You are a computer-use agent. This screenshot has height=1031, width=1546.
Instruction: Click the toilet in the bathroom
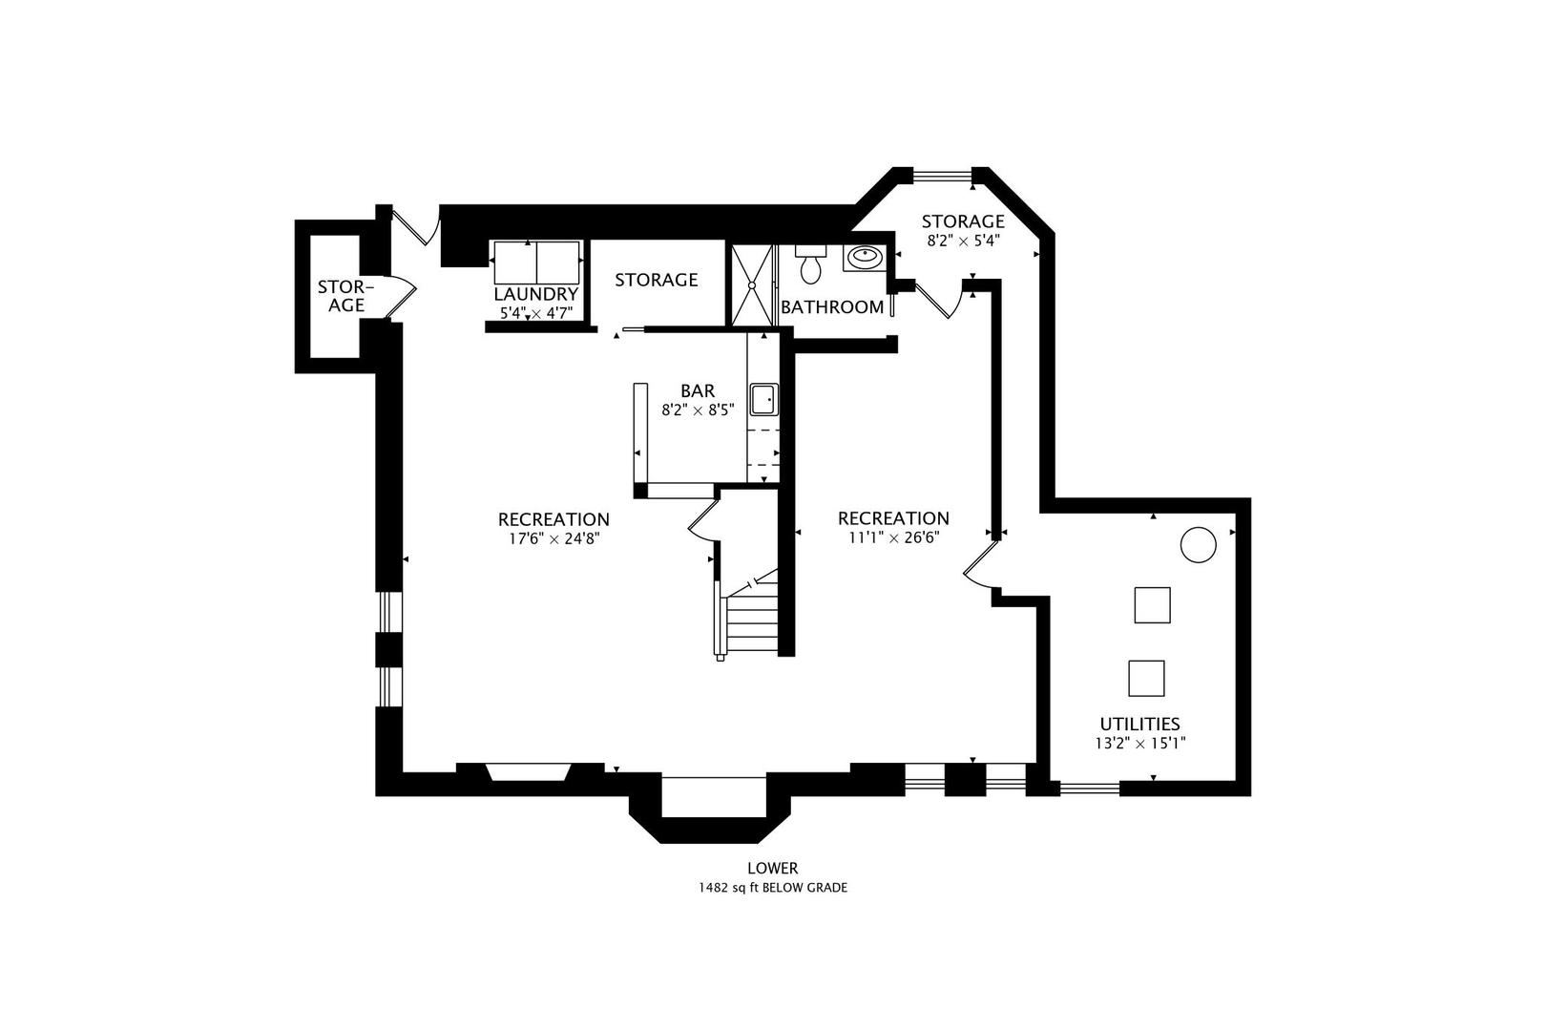811,266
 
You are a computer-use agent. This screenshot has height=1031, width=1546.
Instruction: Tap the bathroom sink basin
866,257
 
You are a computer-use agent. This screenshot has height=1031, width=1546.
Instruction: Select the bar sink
763,399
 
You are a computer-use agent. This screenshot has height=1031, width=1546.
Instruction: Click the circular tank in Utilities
1199,545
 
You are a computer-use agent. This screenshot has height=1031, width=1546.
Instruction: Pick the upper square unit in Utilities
1152,605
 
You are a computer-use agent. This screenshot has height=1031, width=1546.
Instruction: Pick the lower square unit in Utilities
1146,678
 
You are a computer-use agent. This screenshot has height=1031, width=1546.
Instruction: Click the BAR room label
698,390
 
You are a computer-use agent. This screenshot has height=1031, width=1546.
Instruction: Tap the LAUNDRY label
535,294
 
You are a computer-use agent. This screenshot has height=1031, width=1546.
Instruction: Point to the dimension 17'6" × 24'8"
554,538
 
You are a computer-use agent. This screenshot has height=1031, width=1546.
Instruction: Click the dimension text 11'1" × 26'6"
893,538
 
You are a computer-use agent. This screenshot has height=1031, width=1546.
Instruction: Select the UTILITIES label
1139,724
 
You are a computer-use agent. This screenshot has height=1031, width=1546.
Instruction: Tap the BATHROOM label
832,307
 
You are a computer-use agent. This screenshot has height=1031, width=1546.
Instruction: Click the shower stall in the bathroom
753,284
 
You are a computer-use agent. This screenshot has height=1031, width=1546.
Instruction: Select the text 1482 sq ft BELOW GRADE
773,888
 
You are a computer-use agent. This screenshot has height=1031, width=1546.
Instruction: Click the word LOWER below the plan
773,868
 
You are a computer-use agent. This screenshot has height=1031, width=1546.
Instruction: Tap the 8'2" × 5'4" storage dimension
963,242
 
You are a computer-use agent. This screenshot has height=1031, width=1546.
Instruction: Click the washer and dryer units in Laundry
536,262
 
